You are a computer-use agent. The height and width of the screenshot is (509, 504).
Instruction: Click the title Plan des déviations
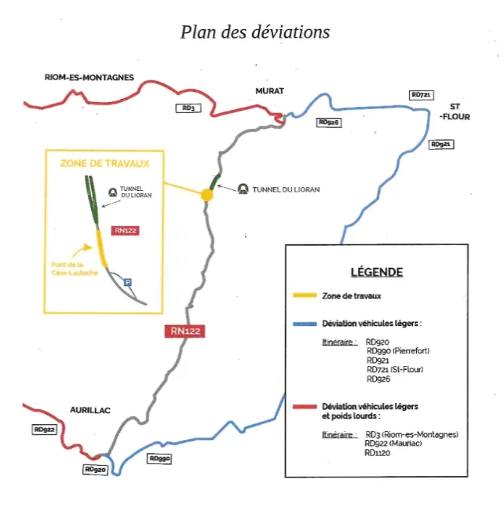click(x=255, y=32)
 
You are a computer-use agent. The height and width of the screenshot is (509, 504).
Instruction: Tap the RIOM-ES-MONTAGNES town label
click(x=89, y=78)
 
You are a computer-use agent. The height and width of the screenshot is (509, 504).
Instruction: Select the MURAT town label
click(x=270, y=91)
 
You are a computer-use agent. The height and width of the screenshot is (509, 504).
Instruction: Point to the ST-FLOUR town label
click(x=455, y=112)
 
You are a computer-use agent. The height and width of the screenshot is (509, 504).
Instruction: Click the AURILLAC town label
click(x=90, y=410)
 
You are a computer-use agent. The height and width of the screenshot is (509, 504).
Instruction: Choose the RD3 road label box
click(x=188, y=108)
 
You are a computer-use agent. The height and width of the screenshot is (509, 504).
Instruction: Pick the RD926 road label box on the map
click(x=329, y=123)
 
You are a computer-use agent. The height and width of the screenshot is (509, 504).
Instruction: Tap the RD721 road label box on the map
click(x=422, y=95)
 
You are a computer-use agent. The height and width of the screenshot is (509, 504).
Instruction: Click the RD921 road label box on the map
click(x=441, y=145)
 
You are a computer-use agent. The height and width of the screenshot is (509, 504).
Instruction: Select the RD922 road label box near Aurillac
click(x=45, y=430)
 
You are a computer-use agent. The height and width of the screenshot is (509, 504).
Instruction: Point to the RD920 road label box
click(x=95, y=470)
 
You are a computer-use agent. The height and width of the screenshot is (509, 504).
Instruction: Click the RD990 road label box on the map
click(x=159, y=459)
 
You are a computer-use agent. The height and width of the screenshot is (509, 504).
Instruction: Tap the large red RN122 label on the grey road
click(x=185, y=331)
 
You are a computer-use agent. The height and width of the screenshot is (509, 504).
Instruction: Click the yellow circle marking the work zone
click(x=206, y=195)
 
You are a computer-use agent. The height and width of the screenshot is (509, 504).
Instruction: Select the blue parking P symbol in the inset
click(x=127, y=282)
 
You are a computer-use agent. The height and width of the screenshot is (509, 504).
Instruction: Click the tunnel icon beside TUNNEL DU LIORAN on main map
click(x=243, y=189)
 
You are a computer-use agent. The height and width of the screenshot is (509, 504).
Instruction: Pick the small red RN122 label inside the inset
click(x=126, y=230)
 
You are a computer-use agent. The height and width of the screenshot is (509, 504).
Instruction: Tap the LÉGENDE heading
click(x=377, y=272)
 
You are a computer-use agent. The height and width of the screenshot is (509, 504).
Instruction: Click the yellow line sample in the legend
click(x=305, y=295)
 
